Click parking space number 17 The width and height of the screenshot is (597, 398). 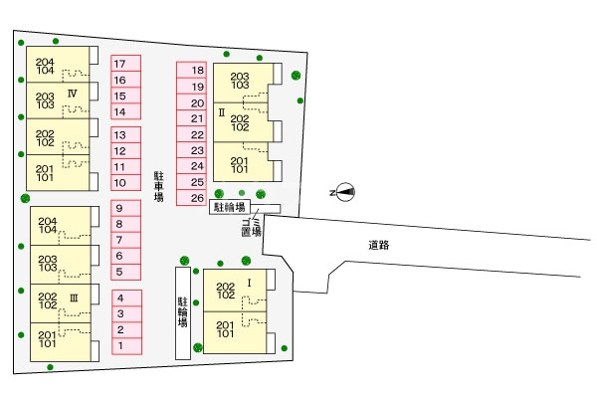coord(126,64)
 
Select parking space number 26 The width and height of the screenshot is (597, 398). coord(191,198)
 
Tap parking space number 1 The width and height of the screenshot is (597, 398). coord(126,346)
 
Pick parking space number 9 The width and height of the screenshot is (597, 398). coord(126,208)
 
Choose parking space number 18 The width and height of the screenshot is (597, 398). coord(191,70)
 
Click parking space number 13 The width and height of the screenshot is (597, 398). coord(126,135)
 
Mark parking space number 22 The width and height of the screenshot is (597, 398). coord(191,134)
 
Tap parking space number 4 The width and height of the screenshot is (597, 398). coord(126,298)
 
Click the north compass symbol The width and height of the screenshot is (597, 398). coord(345,192)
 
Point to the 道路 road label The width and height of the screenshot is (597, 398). coord(379,245)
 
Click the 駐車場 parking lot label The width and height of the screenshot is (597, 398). coord(159,186)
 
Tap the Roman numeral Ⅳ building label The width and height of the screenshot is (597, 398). coord(73,94)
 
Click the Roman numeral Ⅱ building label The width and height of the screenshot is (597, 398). coord(222,112)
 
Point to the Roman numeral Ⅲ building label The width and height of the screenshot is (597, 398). coord(74,298)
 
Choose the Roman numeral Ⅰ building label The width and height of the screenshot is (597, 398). coord(250,283)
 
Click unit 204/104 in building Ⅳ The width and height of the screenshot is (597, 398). coord(58,65)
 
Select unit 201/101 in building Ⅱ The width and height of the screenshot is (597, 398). coord(244,162)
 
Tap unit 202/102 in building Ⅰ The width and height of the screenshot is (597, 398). coord(235,291)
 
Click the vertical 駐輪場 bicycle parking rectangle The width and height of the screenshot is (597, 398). coord(183,313)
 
